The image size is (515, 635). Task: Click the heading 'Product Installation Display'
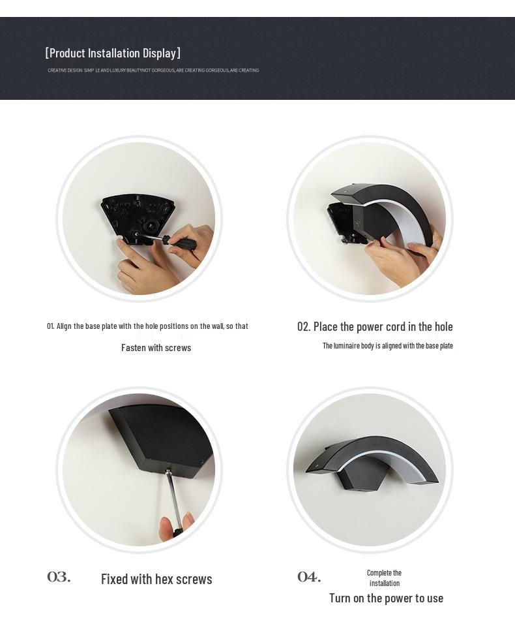click(x=113, y=53)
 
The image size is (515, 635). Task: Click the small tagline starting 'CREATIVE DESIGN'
click(x=153, y=70)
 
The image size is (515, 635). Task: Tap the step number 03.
click(x=59, y=577)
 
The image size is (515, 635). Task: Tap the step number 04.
click(x=309, y=577)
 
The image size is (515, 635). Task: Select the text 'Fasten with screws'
click(x=156, y=348)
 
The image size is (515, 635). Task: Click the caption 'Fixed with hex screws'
click(x=156, y=579)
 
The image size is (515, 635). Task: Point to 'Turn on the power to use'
click(x=386, y=598)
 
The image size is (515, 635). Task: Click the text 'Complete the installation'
click(x=384, y=578)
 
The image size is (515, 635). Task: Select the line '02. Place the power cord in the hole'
click(x=375, y=326)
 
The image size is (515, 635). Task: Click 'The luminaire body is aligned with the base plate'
click(x=387, y=346)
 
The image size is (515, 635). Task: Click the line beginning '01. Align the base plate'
click(x=147, y=326)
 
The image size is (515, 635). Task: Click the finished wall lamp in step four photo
click(x=365, y=467)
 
